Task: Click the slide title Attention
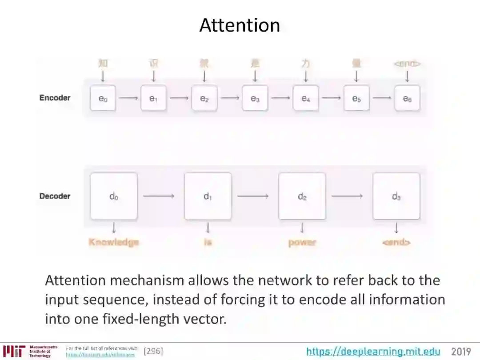coord(240,25)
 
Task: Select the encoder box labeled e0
coord(103,98)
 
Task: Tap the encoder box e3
coord(255,98)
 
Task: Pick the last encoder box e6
coord(407,98)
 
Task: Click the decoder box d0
coord(114,196)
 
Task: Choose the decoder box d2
coord(302,196)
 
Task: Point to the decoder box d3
coord(396,196)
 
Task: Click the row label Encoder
coord(55,98)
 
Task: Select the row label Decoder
coord(55,196)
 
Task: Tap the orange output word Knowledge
coord(114,242)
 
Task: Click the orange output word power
coord(302,243)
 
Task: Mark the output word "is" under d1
coord(208,243)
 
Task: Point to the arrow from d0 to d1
coord(159,196)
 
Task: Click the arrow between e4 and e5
coord(331,98)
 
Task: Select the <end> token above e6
coord(407,64)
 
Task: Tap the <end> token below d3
coord(396,243)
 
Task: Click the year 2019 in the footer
coord(461,352)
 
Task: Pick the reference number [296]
coord(153,352)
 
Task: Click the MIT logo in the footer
coord(14,351)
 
